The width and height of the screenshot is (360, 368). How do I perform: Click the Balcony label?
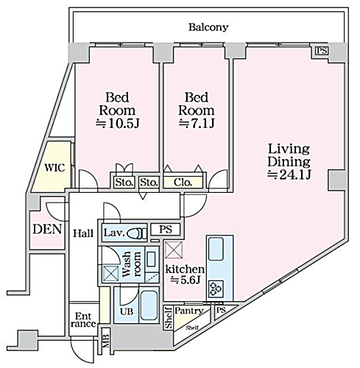pyautogui.click(x=208, y=27)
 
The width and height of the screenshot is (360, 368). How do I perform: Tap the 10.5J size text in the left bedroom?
pyautogui.click(x=118, y=124)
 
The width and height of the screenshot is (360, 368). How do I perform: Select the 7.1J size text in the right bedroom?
pyautogui.click(x=197, y=123)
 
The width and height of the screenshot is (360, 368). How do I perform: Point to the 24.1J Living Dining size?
pyautogui.click(x=289, y=174)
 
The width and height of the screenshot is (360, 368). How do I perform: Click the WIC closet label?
pyautogui.click(x=54, y=168)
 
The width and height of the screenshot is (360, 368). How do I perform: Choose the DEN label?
pyautogui.click(x=47, y=230)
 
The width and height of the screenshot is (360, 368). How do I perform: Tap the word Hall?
pyautogui.click(x=83, y=233)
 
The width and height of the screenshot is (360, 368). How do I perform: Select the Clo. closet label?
pyautogui.click(x=183, y=183)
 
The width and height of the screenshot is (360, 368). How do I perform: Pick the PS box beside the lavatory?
pyautogui.click(x=166, y=230)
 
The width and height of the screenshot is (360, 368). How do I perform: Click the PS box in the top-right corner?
pyautogui.click(x=322, y=51)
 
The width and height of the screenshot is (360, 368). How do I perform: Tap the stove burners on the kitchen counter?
pyautogui.click(x=216, y=289)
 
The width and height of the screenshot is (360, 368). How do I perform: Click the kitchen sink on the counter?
pyautogui.click(x=216, y=249)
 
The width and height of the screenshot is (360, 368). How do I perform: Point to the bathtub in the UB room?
pyautogui.click(x=149, y=305)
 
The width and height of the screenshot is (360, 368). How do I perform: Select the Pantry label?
pyautogui.click(x=189, y=311)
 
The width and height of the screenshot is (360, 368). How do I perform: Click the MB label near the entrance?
pyautogui.click(x=106, y=342)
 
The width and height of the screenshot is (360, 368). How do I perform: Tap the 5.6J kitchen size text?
pyautogui.click(x=186, y=280)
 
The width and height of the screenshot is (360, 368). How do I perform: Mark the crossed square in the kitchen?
pyautogui.click(x=174, y=250)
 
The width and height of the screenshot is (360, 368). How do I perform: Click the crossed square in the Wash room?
pyautogui.click(x=110, y=274)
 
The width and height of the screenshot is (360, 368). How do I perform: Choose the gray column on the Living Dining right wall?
pyautogui.click(x=336, y=180)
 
